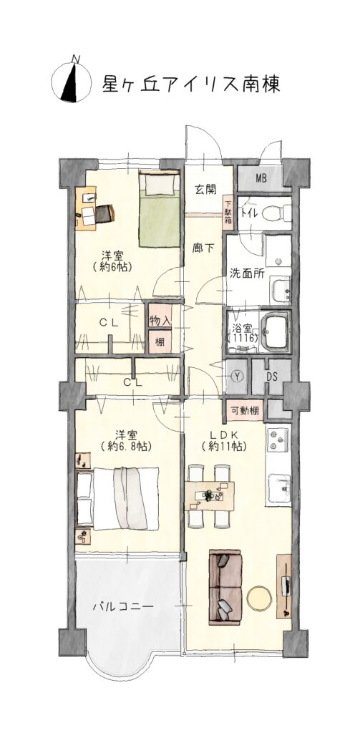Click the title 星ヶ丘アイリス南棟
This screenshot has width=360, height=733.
191,84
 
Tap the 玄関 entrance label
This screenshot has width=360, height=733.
205,189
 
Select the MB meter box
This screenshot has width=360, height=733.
261,178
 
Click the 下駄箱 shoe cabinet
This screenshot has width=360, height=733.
228,212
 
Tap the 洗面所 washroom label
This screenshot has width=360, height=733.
246,274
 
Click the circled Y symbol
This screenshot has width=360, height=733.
238,377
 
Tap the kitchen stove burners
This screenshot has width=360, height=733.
278,440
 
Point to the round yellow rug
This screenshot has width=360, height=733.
259,598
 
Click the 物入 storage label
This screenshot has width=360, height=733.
160,321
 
